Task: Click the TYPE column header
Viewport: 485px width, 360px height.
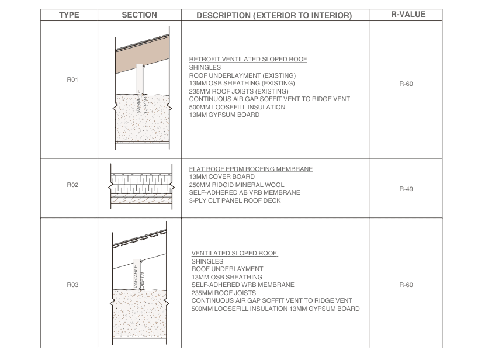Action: click(x=69, y=15)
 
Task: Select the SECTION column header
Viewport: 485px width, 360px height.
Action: click(x=139, y=15)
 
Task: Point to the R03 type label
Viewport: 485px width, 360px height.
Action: click(x=69, y=285)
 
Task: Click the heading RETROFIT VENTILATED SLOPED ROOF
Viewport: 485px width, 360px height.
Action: click(x=248, y=60)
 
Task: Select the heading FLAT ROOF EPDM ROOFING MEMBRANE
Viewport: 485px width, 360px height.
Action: click(x=251, y=169)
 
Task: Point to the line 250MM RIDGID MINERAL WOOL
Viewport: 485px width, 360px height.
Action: click(x=237, y=185)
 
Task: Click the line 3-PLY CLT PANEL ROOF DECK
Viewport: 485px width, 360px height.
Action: click(x=235, y=200)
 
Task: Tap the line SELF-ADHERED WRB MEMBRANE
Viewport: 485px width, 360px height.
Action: click(x=243, y=285)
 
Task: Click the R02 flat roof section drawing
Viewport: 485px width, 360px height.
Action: click(x=139, y=186)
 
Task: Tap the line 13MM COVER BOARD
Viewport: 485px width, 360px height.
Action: click(x=221, y=176)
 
